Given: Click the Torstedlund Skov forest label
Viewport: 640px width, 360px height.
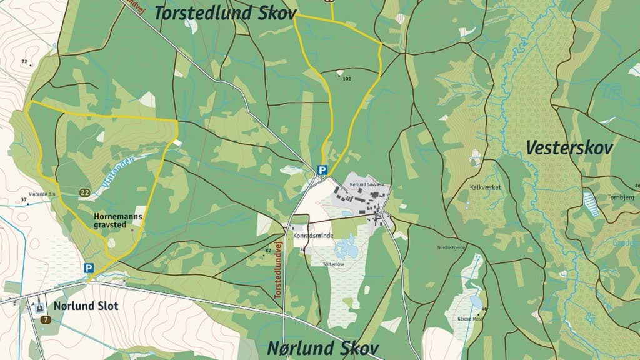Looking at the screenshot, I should tap(224, 13).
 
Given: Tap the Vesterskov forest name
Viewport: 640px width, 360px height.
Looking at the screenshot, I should tap(569, 148).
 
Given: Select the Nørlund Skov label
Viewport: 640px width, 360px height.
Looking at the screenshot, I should tap(323, 348).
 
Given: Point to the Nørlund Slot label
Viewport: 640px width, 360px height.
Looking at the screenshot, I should tap(86, 306).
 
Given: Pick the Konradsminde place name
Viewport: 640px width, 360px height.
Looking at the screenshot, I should tap(313, 236).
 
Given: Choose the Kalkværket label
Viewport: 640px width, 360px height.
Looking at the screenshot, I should tap(486, 187).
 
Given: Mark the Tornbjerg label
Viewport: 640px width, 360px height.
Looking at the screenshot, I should tap(620, 197).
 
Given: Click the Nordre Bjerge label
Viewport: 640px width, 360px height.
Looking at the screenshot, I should tap(452, 247).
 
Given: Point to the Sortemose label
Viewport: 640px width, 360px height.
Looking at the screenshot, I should tap(334, 264).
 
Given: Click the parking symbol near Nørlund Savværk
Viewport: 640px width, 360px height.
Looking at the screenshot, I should tap(322, 169).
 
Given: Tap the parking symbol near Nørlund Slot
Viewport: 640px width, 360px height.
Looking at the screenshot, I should tap(89, 268).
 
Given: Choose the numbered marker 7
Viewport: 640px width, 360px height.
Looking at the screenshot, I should tap(46, 320).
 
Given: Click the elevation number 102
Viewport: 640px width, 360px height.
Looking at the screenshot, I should tap(347, 79).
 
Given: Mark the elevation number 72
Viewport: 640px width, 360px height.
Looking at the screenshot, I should tap(24, 61).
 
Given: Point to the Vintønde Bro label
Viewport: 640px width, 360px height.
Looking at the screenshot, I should tap(42, 194).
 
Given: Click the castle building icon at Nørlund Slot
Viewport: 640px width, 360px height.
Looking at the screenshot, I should tap(39, 306).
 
